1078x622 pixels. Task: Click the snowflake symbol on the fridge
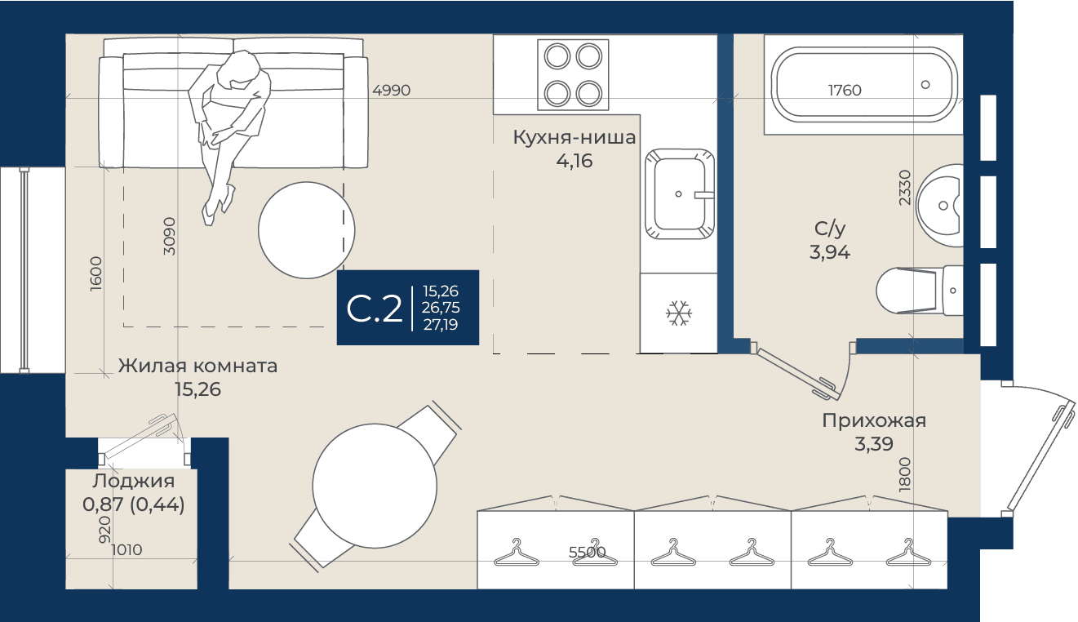coord(679,313)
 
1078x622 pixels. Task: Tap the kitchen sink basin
coord(679,194)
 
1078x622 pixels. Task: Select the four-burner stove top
coord(573,74)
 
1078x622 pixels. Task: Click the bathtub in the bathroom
coord(864,84)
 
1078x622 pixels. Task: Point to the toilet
coord(919,291)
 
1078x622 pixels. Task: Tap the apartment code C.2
coord(374,309)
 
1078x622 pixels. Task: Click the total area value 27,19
coord(441,325)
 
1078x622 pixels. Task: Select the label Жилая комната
coord(197,366)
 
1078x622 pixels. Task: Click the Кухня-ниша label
coord(574,138)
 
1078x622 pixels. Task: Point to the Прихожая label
coord(874,420)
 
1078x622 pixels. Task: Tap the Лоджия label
coord(134,481)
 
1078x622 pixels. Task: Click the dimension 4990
coord(391,90)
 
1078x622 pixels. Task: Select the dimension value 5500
coord(587,552)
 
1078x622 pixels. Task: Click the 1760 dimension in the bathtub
coord(845,90)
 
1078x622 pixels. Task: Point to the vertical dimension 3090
coord(170,236)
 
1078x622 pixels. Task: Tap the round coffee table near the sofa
coord(307,230)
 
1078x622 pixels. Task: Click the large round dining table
coord(375,486)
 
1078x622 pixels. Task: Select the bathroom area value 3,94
coord(830,251)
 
